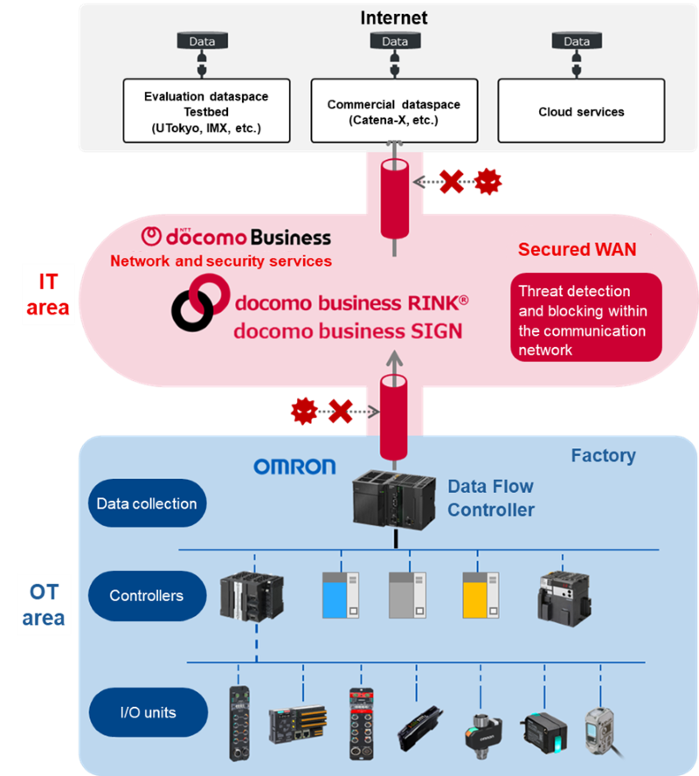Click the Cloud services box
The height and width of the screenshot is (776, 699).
click(x=581, y=112)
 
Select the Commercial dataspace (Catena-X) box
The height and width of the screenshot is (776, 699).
click(x=394, y=111)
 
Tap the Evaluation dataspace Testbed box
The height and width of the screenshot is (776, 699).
click(x=206, y=112)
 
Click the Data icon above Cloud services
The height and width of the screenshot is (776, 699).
click(x=577, y=41)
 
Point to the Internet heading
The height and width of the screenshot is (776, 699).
click(x=394, y=17)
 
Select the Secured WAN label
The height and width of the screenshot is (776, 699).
click(x=577, y=249)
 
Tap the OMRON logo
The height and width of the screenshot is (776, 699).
click(x=294, y=467)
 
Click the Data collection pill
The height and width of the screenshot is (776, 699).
click(x=147, y=503)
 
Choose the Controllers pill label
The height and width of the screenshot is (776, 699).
click(x=147, y=596)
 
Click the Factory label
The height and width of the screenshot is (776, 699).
click(x=603, y=455)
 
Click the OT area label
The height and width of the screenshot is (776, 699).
click(x=44, y=605)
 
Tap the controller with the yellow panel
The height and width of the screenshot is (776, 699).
click(x=477, y=596)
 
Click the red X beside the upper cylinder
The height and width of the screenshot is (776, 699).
click(x=452, y=182)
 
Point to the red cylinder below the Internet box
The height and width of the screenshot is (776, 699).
click(x=395, y=198)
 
